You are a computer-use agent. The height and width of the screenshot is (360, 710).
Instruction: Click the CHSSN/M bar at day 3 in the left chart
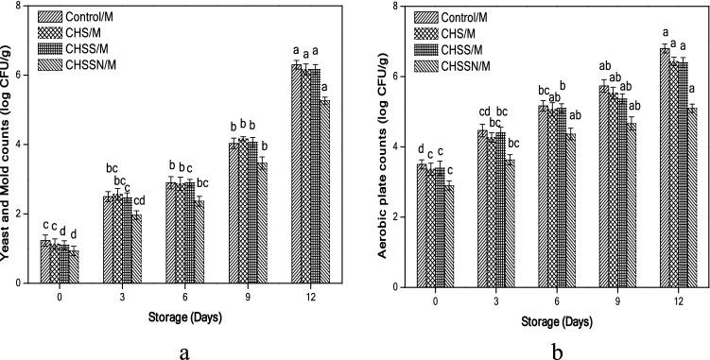click(x=137, y=248)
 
